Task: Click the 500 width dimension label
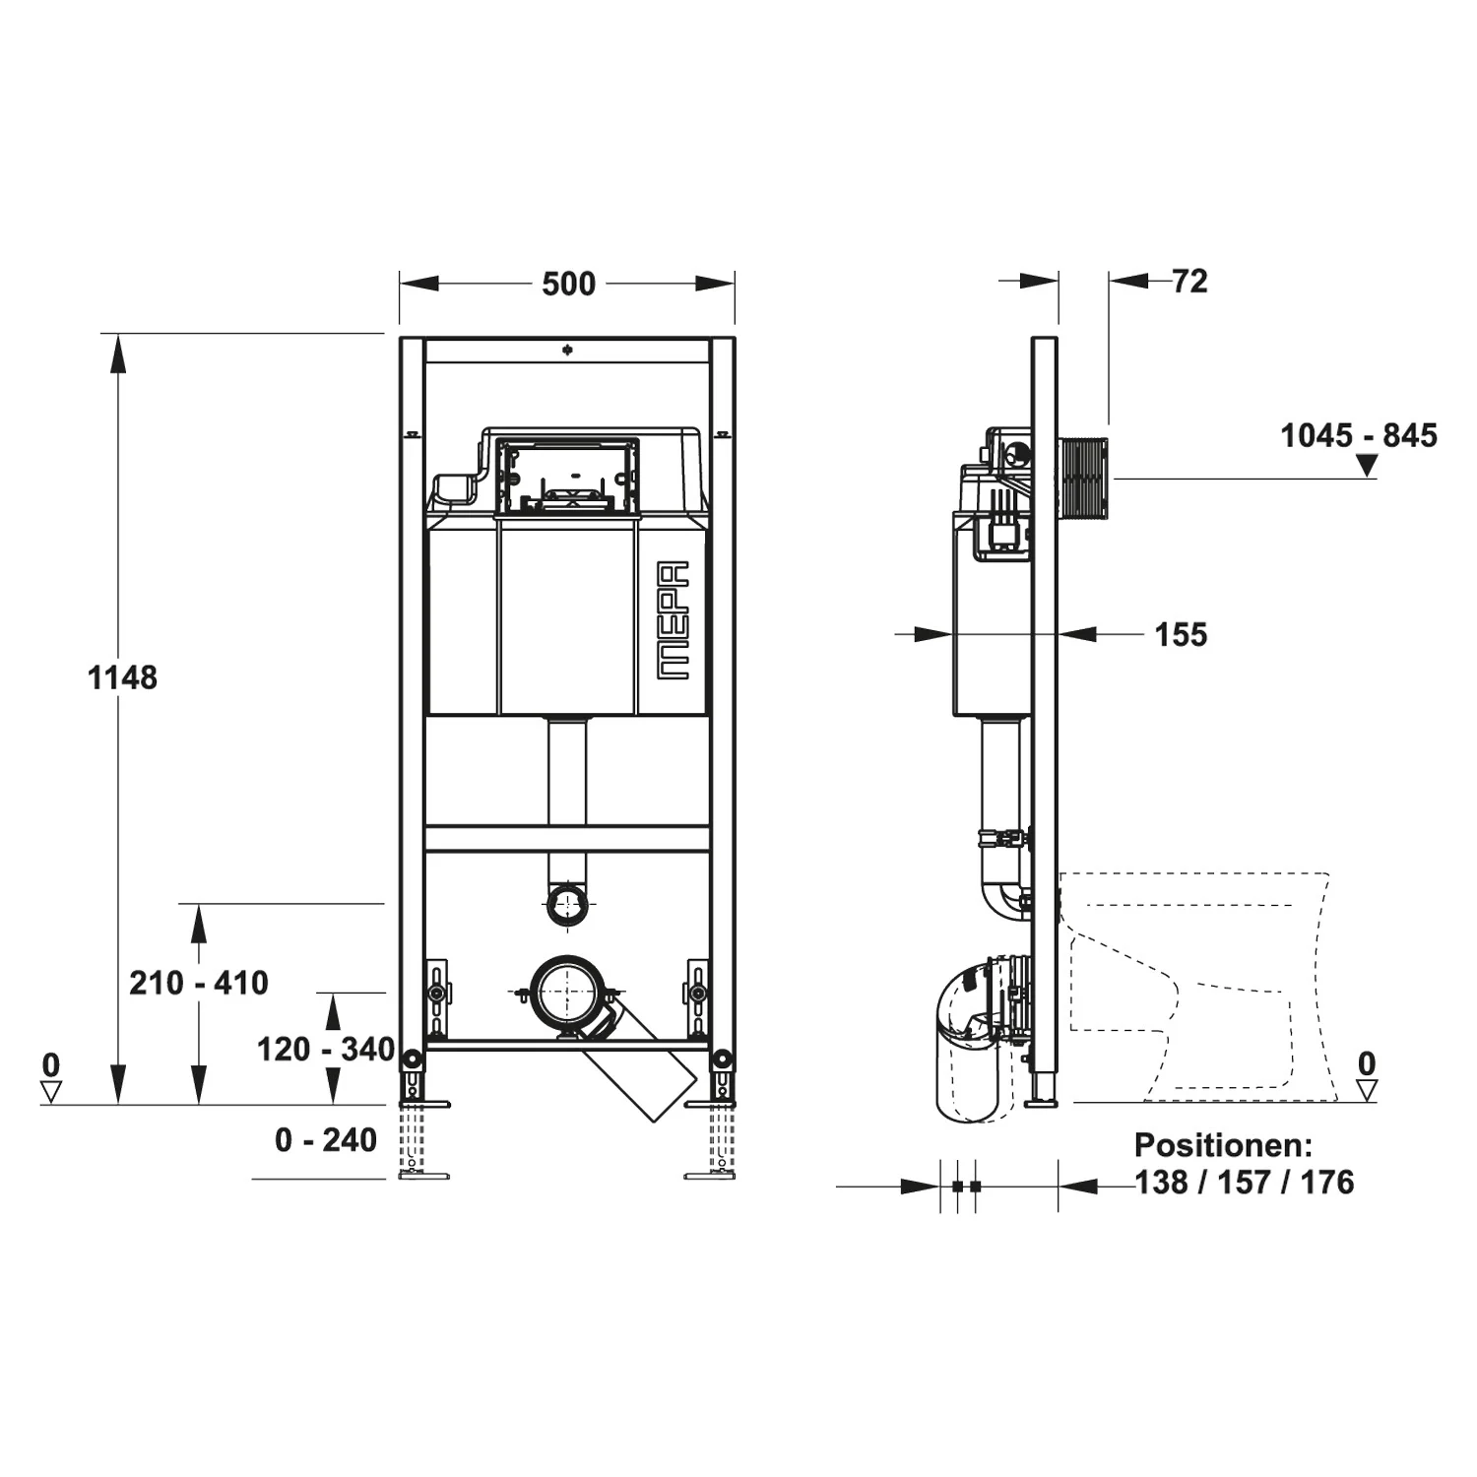click(x=568, y=284)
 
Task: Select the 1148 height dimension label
click(x=122, y=677)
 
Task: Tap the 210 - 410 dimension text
click(x=199, y=983)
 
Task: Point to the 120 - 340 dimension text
click(x=326, y=1050)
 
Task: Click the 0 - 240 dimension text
click(x=326, y=1140)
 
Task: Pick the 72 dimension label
click(x=1189, y=282)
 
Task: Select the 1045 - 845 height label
click(x=1359, y=435)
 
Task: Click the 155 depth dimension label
click(x=1181, y=635)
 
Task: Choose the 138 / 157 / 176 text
click(x=1245, y=1182)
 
